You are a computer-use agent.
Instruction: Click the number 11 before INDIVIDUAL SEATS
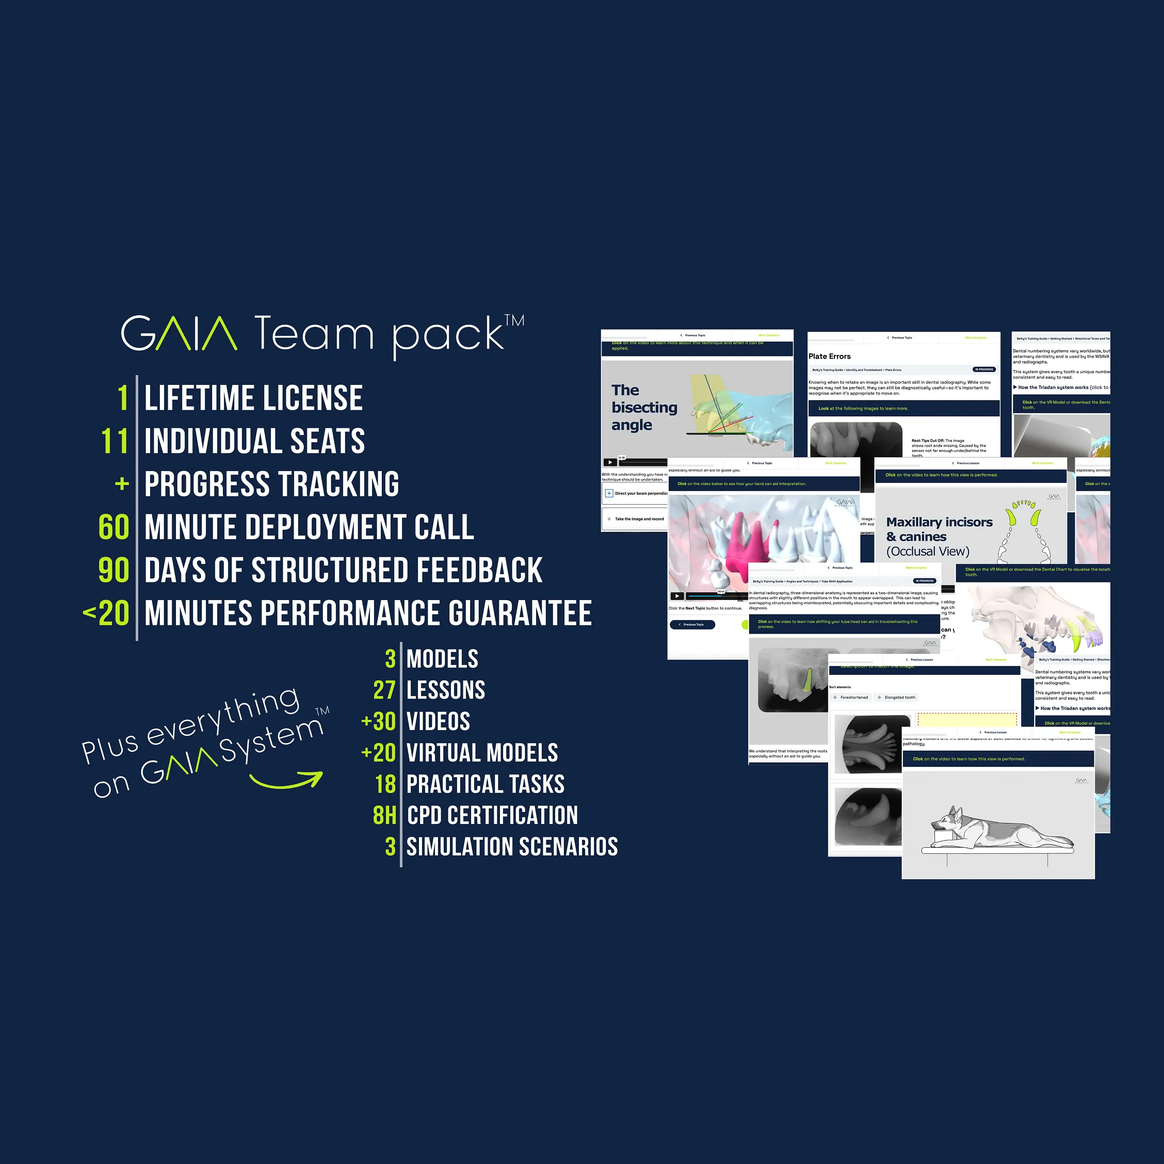pos(115,441)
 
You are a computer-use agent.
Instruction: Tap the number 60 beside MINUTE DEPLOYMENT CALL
pos(114,527)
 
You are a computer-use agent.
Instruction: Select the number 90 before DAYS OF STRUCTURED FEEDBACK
pos(114,570)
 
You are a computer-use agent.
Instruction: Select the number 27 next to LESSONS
pos(384,690)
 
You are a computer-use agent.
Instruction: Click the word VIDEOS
pos(438,721)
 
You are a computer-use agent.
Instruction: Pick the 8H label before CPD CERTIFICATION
pos(384,815)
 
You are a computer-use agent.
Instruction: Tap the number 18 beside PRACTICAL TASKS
pos(385,784)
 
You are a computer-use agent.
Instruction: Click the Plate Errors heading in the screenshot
pos(830,356)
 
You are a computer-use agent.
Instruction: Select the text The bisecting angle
pos(643,407)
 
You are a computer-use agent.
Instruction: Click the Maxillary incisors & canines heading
pos(939,529)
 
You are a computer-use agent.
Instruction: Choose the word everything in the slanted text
pos(223,716)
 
